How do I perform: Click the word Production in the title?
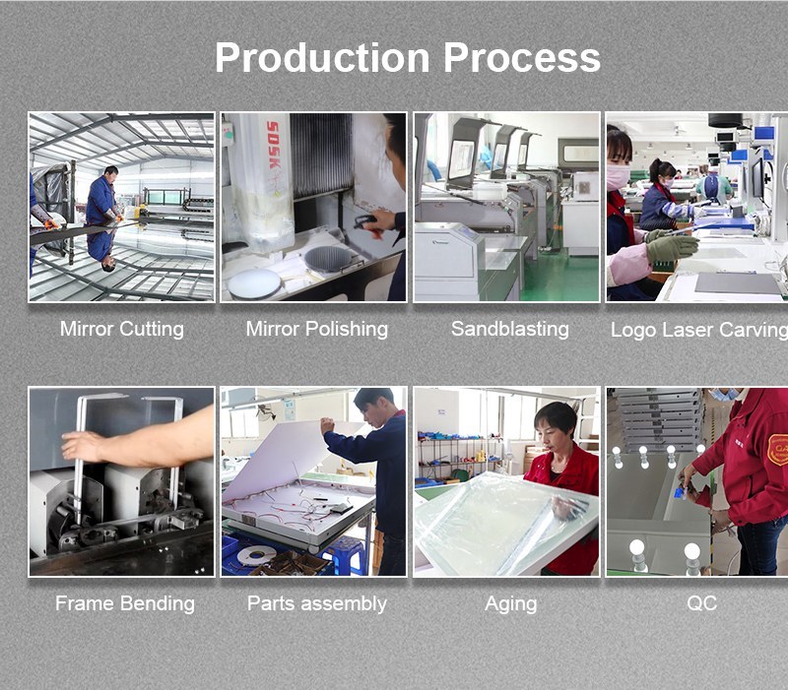pyautogui.click(x=322, y=57)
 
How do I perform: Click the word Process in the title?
pyautogui.click(x=522, y=57)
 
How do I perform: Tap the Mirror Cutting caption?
pyautogui.click(x=121, y=330)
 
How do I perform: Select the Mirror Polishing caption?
pyautogui.click(x=316, y=330)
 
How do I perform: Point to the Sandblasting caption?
pyautogui.click(x=509, y=330)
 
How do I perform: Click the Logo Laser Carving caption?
pyautogui.click(x=699, y=330)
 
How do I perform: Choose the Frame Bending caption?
pyautogui.click(x=125, y=603)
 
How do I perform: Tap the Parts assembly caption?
pyautogui.click(x=316, y=604)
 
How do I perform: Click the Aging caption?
pyautogui.click(x=510, y=604)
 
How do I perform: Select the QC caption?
pyautogui.click(x=701, y=603)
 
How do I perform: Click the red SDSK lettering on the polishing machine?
pyautogui.click(x=273, y=145)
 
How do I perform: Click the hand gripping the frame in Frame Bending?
pyautogui.click(x=82, y=447)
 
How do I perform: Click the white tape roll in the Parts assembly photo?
pyautogui.click(x=256, y=556)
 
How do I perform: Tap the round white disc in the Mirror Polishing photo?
pyautogui.click(x=254, y=283)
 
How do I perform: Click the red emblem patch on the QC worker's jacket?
pyautogui.click(x=778, y=450)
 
